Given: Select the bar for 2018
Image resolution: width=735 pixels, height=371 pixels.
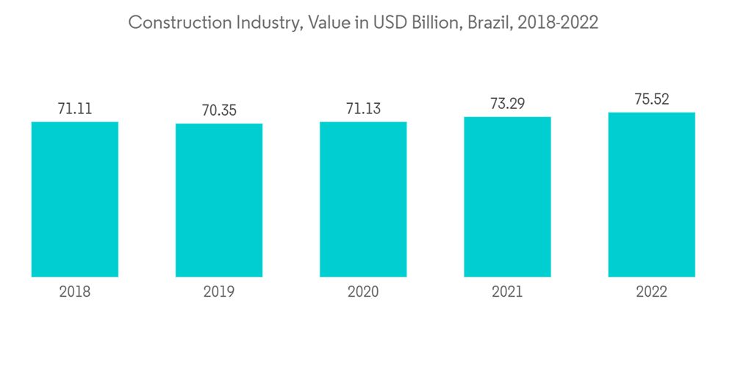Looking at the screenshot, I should pos(75,199).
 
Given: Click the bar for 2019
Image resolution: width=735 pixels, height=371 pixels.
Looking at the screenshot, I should pos(219,200).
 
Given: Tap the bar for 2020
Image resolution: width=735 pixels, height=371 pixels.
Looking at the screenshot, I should pos(363,199).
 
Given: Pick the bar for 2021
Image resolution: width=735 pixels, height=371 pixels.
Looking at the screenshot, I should pos(507,197).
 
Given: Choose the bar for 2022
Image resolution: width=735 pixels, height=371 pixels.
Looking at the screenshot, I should pos(651,194).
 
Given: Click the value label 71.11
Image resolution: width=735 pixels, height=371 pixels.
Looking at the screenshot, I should pos(75,109).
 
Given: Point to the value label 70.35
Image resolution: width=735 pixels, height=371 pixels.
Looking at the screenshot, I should pos(219,111).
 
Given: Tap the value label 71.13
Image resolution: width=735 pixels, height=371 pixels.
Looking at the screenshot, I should pos(363,109).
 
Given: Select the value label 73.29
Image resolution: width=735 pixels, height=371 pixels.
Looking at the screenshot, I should pos(507,104).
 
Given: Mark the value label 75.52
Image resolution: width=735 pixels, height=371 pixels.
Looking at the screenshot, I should pos(651,99).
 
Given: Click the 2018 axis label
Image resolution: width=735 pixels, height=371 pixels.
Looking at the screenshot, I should pos(75,292).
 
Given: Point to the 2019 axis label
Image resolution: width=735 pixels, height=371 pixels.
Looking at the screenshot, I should pos(219,292).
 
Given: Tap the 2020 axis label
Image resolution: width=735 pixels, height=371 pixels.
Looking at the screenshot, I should pos(363,292).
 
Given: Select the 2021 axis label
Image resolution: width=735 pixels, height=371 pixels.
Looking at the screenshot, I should pos(507,292).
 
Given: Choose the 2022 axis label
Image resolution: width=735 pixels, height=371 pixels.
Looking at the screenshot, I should pos(651,292).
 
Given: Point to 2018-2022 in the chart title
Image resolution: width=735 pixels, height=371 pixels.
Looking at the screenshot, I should pos(558,23).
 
